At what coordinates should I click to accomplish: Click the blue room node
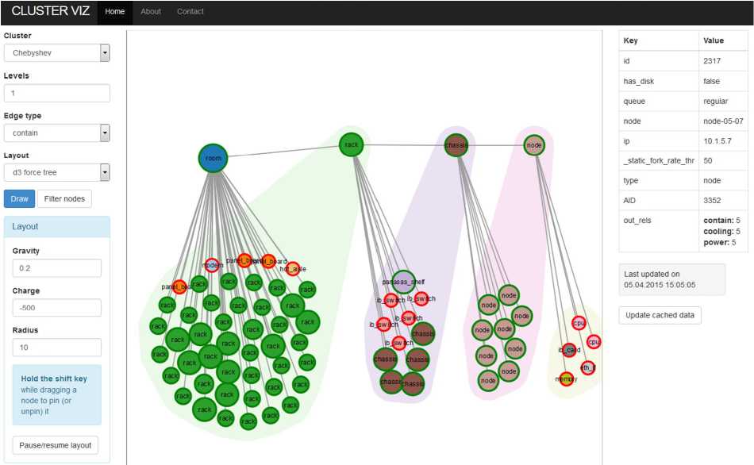click(x=213, y=158)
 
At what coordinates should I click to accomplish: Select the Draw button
click(x=18, y=198)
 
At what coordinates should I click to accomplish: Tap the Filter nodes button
click(x=64, y=198)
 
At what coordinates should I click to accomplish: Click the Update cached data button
click(x=660, y=315)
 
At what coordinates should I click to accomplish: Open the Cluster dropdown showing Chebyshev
click(x=56, y=53)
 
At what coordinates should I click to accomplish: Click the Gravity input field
click(x=56, y=268)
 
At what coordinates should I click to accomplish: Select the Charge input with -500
click(x=56, y=308)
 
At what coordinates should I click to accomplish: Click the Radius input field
click(x=56, y=348)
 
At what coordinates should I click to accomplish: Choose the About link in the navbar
click(x=151, y=12)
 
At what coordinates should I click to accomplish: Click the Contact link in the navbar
click(x=190, y=12)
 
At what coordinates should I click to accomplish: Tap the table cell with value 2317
click(x=722, y=60)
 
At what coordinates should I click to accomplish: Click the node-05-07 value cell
click(x=722, y=121)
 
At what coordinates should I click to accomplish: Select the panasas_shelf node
click(x=404, y=282)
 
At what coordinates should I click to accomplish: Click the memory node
click(x=566, y=379)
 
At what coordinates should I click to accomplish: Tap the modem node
click(x=212, y=266)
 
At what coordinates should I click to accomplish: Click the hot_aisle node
click(x=293, y=269)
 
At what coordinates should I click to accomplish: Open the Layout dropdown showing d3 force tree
click(x=56, y=172)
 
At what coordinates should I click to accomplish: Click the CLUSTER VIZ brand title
click(x=50, y=12)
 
